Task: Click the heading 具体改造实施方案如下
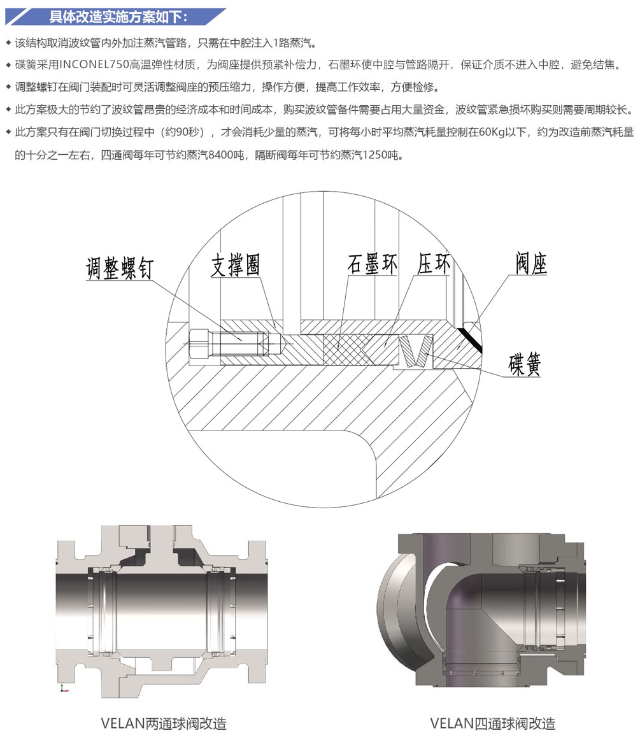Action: tap(118, 17)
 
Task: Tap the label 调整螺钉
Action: tap(120, 267)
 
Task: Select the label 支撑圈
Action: tap(236, 265)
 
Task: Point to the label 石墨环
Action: tap(373, 264)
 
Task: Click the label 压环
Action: tap(434, 264)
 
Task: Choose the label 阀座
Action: tap(531, 262)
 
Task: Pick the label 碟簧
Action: tap(525, 364)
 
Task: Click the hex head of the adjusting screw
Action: tap(200, 344)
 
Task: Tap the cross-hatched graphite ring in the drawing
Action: tap(342, 350)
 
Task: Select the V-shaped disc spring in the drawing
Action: tap(415, 351)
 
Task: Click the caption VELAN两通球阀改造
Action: tap(164, 723)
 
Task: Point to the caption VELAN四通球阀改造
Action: tap(493, 723)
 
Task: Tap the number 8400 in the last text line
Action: tap(221, 155)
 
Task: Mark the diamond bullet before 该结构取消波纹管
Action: tap(8, 43)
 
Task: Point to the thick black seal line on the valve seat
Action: tap(470, 340)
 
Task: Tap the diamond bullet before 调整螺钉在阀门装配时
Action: tap(8, 87)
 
